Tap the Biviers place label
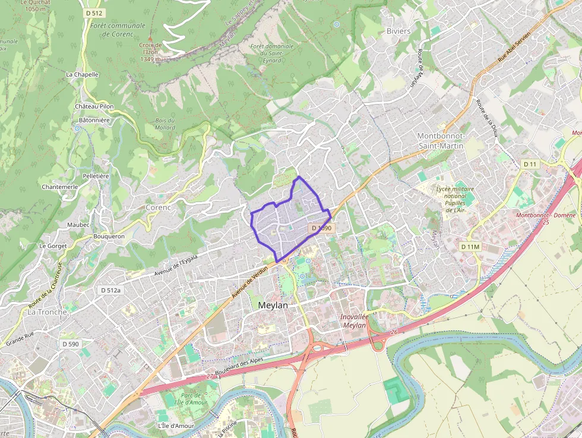398,31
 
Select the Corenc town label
158,208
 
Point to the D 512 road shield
93,14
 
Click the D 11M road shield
470,246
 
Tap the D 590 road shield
70,344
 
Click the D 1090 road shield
321,228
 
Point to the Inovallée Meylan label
355,320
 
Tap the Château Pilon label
94,106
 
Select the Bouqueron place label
109,236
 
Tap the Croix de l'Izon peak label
151,52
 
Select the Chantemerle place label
60,187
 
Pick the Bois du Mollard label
165,124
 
